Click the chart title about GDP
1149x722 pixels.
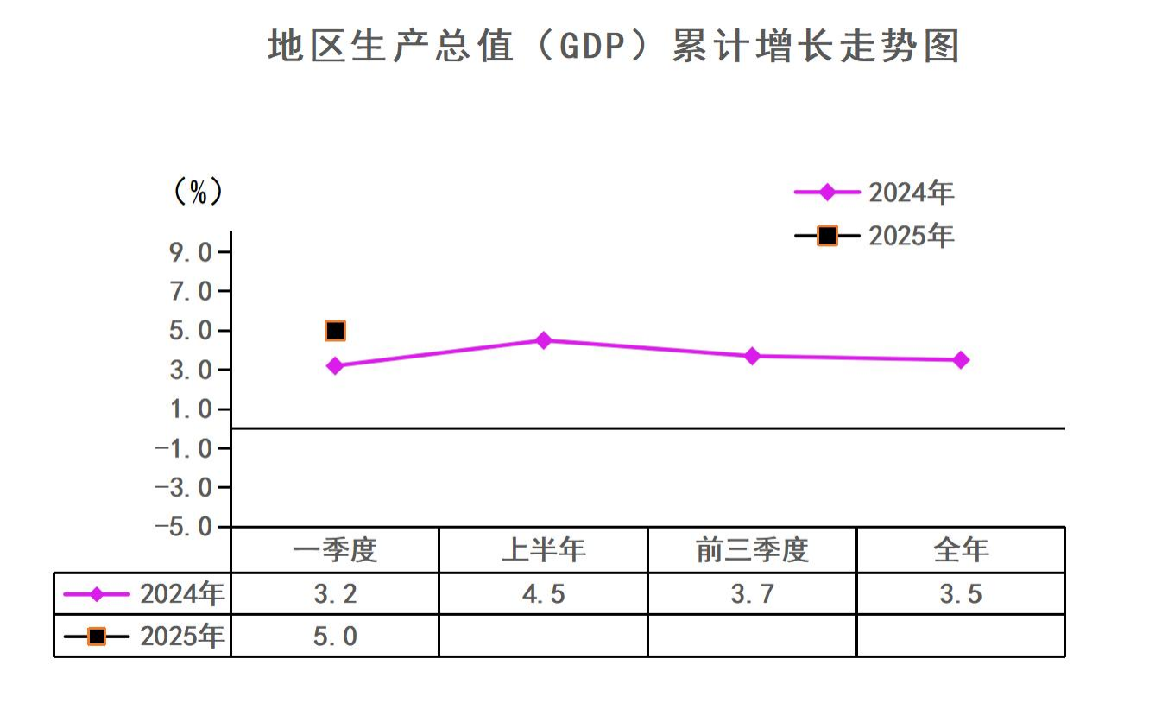(613, 47)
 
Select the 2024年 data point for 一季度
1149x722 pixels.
(335, 366)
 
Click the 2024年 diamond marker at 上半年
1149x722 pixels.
(543, 340)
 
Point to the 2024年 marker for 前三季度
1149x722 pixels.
(752, 356)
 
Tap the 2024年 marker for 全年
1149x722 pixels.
(960, 360)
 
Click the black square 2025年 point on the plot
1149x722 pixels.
(335, 331)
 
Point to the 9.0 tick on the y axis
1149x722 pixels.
(191, 252)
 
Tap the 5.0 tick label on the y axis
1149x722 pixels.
(191, 331)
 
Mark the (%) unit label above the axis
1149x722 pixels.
(198, 192)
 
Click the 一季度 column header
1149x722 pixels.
(335, 550)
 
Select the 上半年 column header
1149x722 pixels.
(543, 550)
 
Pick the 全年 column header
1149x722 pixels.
(960, 550)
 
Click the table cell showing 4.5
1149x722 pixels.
(543, 594)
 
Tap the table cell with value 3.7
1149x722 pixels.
(752, 594)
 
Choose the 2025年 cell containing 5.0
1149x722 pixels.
(335, 636)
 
